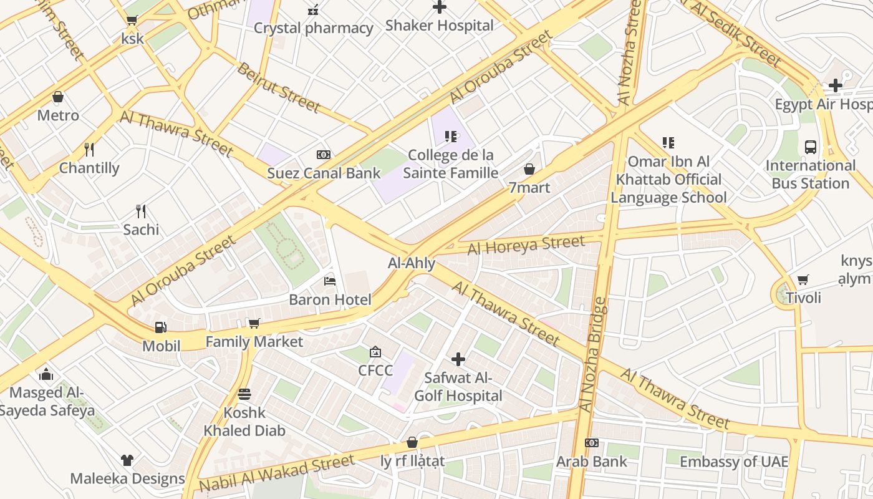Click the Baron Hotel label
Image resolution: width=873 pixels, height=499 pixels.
click(x=330, y=299)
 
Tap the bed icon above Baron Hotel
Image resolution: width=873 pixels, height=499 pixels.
click(x=330, y=281)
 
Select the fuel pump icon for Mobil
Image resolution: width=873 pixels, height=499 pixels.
click(x=161, y=327)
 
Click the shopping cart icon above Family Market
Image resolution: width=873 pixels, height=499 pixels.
click(x=254, y=323)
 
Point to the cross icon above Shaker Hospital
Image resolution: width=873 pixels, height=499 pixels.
click(x=440, y=7)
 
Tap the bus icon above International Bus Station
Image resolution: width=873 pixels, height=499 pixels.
click(x=811, y=147)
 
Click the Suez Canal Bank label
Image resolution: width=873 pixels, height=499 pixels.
click(x=324, y=173)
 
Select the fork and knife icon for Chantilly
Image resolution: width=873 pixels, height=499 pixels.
click(x=89, y=150)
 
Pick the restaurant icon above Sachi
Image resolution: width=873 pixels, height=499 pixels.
click(x=141, y=211)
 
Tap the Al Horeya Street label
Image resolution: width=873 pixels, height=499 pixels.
click(x=526, y=245)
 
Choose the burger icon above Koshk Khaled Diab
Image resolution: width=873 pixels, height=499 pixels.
click(x=244, y=394)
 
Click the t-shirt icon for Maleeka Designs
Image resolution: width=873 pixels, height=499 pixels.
click(x=127, y=460)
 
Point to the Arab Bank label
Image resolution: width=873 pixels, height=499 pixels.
click(x=592, y=462)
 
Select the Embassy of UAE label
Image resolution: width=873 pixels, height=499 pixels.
click(x=734, y=462)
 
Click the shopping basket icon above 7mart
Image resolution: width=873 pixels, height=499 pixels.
click(x=529, y=169)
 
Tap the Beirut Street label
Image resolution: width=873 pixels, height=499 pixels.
click(x=279, y=87)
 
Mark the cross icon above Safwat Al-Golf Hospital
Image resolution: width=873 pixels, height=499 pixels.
click(x=458, y=359)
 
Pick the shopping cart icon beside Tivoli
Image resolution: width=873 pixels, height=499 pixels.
click(x=803, y=280)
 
